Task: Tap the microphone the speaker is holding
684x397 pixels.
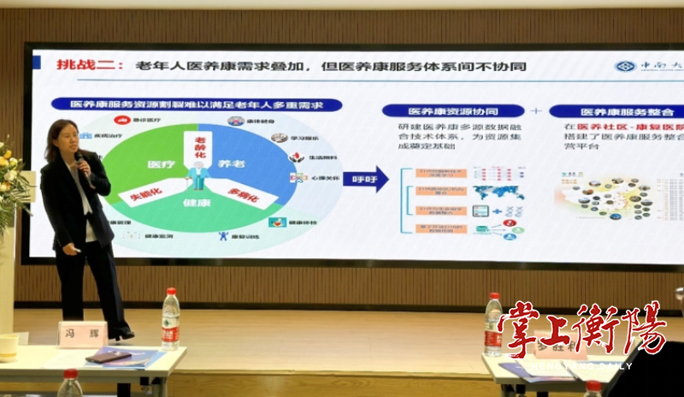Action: click(x=80, y=160)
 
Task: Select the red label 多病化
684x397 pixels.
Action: click(x=248, y=193)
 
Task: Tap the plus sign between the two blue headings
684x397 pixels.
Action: click(x=536, y=111)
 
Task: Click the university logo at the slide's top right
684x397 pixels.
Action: click(x=627, y=66)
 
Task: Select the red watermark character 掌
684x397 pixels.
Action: click(x=528, y=329)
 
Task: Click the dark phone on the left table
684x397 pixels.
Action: click(x=108, y=357)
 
